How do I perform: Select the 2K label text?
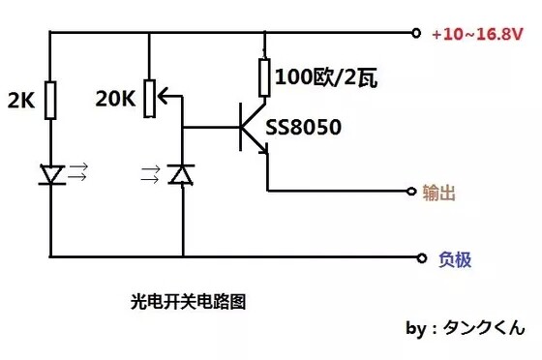(x=23, y=99)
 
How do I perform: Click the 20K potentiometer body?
(x=150, y=94)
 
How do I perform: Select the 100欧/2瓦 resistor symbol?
(x=264, y=75)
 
